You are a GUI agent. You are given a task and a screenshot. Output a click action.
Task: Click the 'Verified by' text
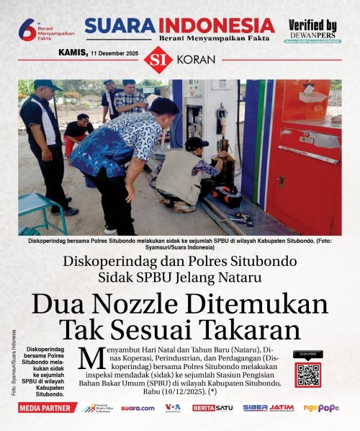[312, 25]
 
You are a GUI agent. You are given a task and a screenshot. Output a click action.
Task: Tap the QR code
[307, 375]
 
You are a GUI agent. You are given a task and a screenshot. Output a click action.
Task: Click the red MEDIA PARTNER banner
[48, 408]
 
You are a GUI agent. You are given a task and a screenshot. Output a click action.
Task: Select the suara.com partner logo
[138, 408]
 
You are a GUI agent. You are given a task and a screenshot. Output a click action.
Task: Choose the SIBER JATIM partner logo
[268, 408]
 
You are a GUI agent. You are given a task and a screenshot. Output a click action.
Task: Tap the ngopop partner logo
[320, 408]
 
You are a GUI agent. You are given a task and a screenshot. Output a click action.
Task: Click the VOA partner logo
[173, 408]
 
